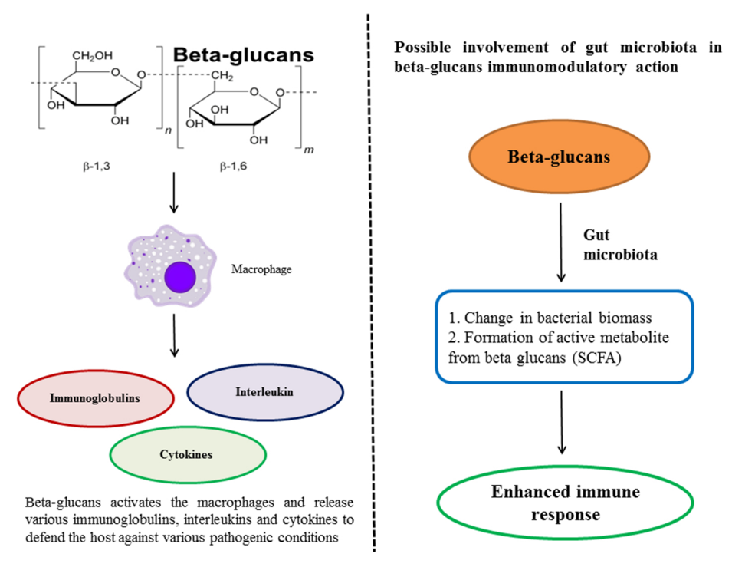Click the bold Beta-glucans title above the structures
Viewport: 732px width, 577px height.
pyautogui.click(x=243, y=56)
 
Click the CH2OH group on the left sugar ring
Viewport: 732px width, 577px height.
pyautogui.click(x=92, y=55)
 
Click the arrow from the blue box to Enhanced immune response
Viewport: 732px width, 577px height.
pyautogui.click(x=563, y=421)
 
